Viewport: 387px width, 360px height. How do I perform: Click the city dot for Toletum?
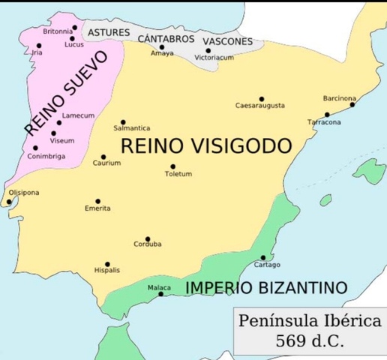(x=172, y=166)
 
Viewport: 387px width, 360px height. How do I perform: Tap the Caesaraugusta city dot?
(x=262, y=99)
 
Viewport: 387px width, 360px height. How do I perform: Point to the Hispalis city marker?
(x=107, y=264)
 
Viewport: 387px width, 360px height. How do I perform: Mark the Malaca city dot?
(x=161, y=294)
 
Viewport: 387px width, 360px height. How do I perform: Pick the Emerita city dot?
(x=98, y=201)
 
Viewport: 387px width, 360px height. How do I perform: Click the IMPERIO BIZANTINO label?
(x=266, y=288)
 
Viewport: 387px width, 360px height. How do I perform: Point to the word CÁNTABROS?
(x=166, y=37)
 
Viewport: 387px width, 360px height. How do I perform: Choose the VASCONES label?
(x=227, y=41)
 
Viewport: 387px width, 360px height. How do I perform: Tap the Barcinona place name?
(x=339, y=98)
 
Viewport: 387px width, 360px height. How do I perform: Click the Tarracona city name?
(x=324, y=121)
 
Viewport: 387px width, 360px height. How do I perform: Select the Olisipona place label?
(x=23, y=193)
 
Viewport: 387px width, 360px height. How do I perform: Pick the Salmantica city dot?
(x=124, y=121)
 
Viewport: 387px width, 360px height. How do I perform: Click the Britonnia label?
(x=58, y=31)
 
